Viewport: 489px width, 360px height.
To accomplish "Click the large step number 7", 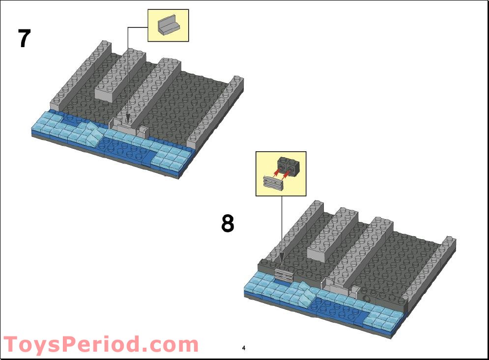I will (x=25, y=39).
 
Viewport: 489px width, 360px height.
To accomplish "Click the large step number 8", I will (x=228, y=224).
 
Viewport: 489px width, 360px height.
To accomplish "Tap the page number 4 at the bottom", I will (x=243, y=348).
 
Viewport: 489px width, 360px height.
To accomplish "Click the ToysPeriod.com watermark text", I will (x=101, y=344).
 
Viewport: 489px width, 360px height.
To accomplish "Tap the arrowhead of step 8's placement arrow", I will (x=282, y=263).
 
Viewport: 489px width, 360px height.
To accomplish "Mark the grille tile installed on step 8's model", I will (x=284, y=275).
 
